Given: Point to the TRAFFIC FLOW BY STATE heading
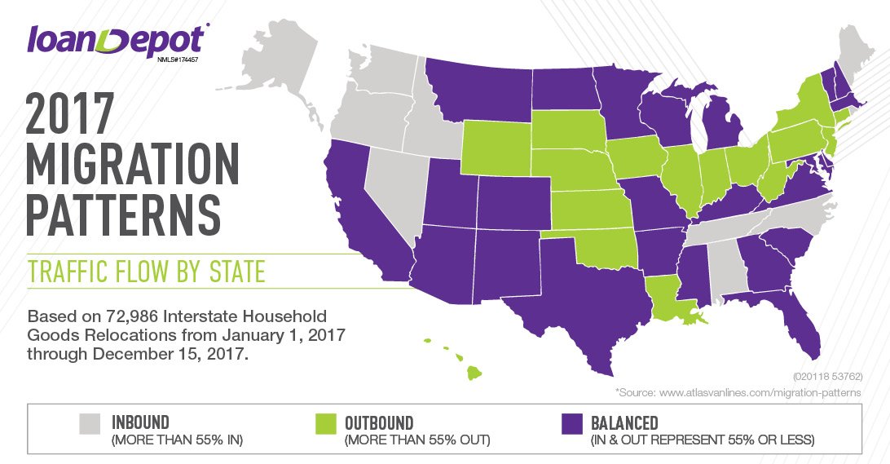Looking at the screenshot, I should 147,272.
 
